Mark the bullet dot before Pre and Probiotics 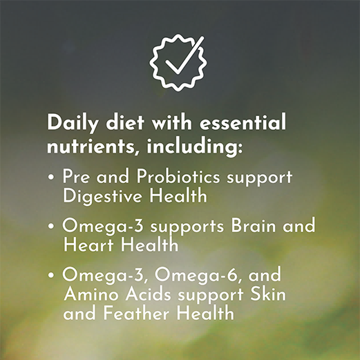point(52,178)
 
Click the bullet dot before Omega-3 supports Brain point(52,227)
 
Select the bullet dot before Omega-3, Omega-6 point(52,275)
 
